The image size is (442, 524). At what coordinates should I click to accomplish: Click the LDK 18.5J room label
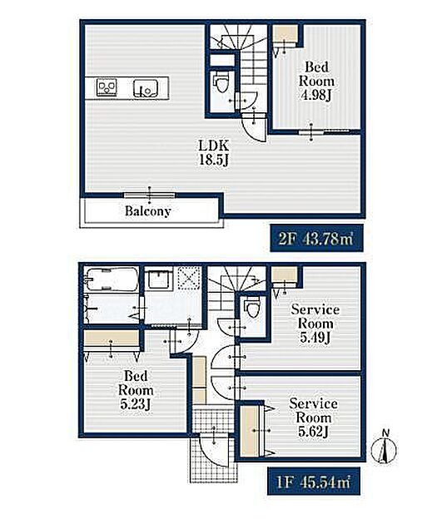pos(214,153)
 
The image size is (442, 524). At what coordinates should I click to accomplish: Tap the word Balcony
pos(148,211)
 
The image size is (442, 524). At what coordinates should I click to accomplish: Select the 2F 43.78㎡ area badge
pos(316,238)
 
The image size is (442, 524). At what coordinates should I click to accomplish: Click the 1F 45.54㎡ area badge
pos(314,482)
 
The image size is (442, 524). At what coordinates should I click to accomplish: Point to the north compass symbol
pos(385,448)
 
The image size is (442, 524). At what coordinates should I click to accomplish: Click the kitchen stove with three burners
pos(107,87)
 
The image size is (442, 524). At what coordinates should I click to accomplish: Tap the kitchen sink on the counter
pos(146,88)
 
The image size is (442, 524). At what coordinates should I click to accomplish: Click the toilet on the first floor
pos(253,307)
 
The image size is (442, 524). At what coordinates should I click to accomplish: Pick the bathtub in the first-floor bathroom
pos(112,279)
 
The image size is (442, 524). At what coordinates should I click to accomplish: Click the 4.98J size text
pos(316,96)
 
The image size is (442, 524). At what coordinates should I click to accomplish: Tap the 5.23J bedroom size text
pos(136,405)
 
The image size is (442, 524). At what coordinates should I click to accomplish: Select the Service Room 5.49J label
pos(315,324)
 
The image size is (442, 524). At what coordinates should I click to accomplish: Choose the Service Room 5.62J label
pos(313,418)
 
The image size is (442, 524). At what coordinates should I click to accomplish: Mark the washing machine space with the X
pos(189,277)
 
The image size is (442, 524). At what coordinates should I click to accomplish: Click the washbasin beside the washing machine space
pos(159,279)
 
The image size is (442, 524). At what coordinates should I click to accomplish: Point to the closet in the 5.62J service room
pos(250,431)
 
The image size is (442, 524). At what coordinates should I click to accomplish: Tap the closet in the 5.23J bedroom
pos(112,340)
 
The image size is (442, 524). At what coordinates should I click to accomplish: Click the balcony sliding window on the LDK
pos(150,195)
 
